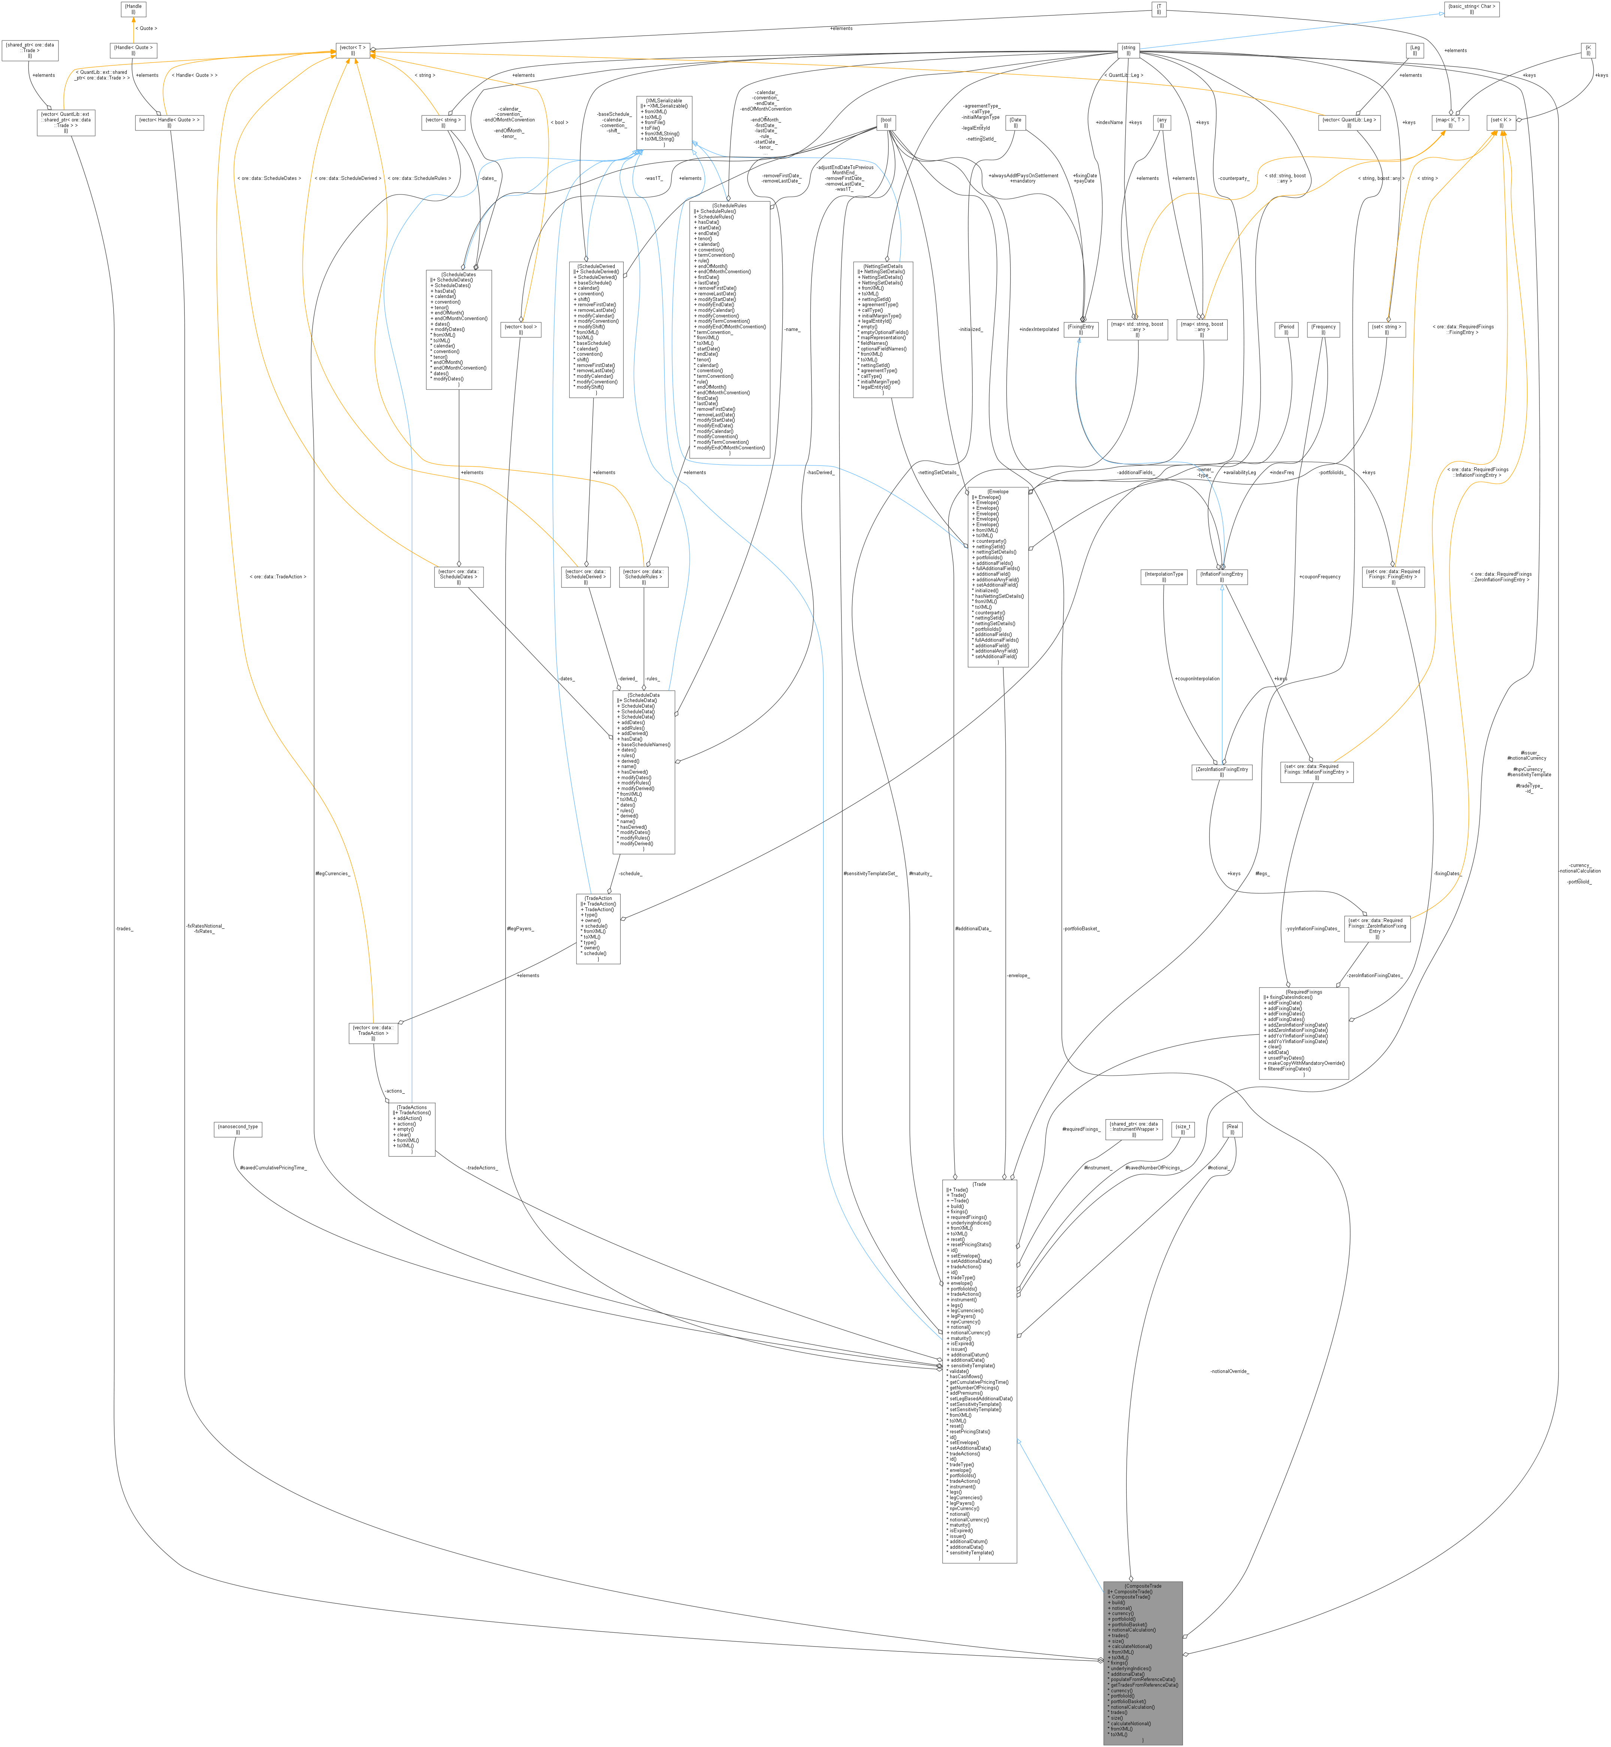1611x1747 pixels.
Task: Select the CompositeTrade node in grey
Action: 1143,1662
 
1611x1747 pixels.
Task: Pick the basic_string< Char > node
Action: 1472,9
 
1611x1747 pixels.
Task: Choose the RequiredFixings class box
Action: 1304,1033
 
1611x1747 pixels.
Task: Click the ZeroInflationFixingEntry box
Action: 1222,771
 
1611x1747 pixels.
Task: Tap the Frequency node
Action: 1323,329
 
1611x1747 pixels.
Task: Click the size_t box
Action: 1183,1129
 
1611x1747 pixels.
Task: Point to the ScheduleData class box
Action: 644,771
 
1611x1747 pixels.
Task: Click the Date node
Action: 1016,123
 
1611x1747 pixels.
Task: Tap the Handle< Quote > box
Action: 133,50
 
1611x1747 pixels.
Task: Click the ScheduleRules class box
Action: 730,329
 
